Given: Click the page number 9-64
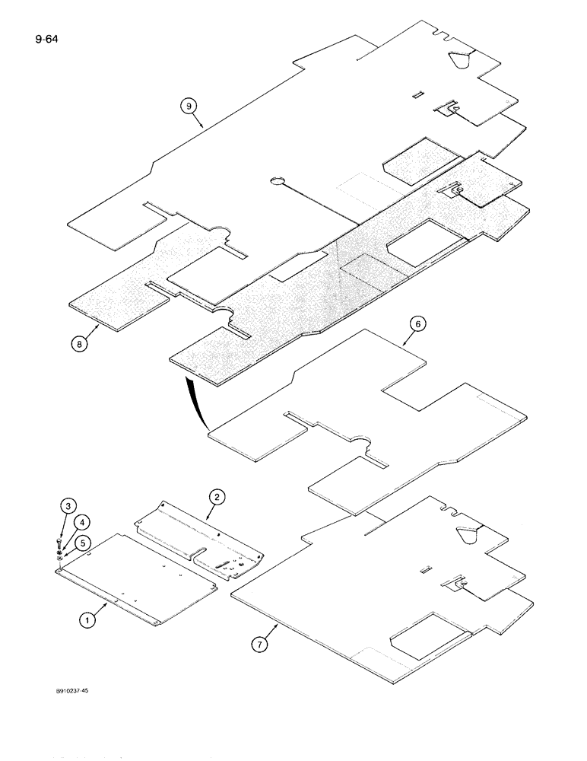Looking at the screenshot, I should (x=46, y=34).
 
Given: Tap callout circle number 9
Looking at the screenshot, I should (x=189, y=107).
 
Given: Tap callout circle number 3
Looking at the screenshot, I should (x=68, y=506).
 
